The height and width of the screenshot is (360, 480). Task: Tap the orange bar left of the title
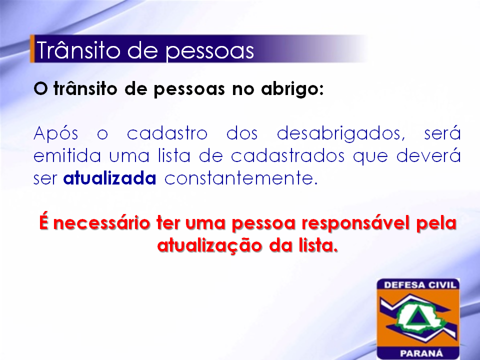click(32, 49)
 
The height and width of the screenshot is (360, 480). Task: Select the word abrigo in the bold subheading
click(292, 89)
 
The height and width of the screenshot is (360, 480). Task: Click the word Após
click(55, 133)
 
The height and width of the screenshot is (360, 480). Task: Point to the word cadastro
click(167, 133)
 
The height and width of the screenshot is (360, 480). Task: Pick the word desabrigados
click(341, 134)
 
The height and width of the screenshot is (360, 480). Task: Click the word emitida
click(67, 155)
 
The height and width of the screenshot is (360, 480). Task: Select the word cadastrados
click(287, 155)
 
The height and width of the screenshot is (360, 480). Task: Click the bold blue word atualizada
click(109, 178)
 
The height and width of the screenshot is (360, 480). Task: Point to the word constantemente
click(241, 178)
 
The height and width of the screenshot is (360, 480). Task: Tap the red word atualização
click(209, 245)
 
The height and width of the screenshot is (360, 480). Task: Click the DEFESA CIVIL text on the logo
click(420, 285)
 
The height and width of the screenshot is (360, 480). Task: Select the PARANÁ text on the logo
click(421, 353)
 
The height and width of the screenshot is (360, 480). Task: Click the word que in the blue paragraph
click(370, 156)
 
